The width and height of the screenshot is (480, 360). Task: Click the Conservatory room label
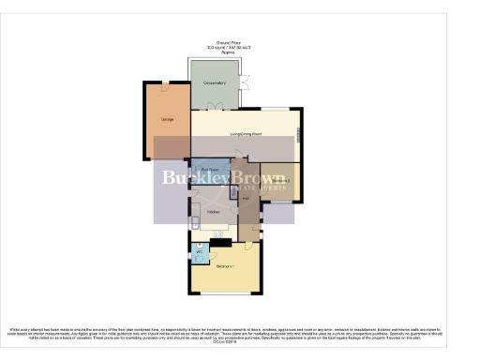(x=216, y=83)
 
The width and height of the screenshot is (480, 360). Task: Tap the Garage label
(x=168, y=120)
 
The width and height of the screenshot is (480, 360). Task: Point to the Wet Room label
(x=210, y=169)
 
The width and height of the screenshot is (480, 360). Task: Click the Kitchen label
(x=212, y=211)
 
